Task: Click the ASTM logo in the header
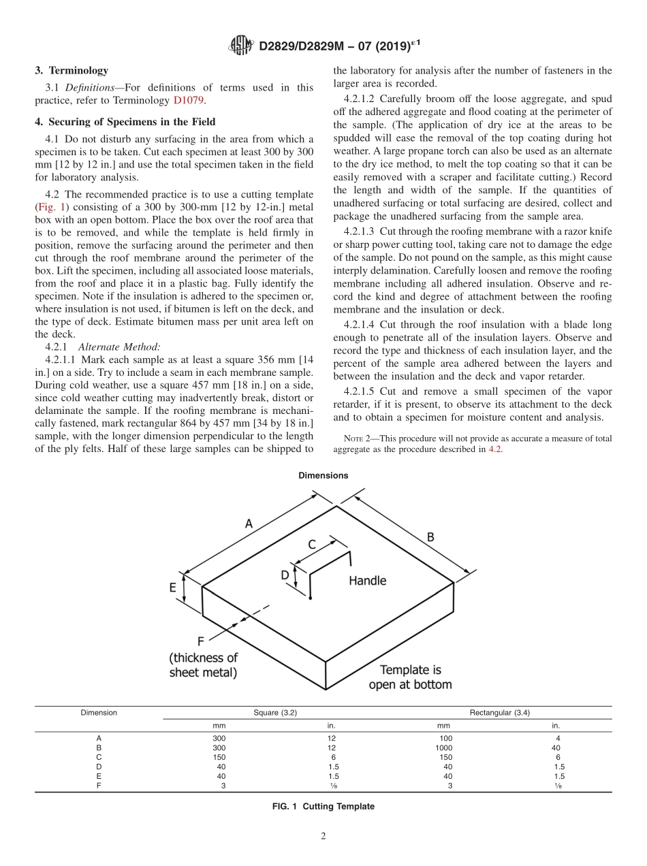[x=242, y=46]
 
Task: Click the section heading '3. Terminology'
[x=72, y=70]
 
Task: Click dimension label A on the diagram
[x=249, y=524]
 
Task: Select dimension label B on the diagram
[x=430, y=536]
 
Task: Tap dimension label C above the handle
[x=312, y=545]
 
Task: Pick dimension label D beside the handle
[x=285, y=575]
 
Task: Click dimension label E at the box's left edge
[x=173, y=587]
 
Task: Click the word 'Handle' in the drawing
[x=367, y=581]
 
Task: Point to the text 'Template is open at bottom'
[x=410, y=677]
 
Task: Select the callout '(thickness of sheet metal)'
[x=204, y=665]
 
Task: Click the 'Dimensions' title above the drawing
[x=323, y=476]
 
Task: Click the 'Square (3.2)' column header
[x=275, y=713]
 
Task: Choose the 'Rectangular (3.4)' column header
[x=499, y=713]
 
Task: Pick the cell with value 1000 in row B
[x=443, y=748]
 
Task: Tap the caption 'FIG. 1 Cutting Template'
[x=323, y=806]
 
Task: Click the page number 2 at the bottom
[x=323, y=837]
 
